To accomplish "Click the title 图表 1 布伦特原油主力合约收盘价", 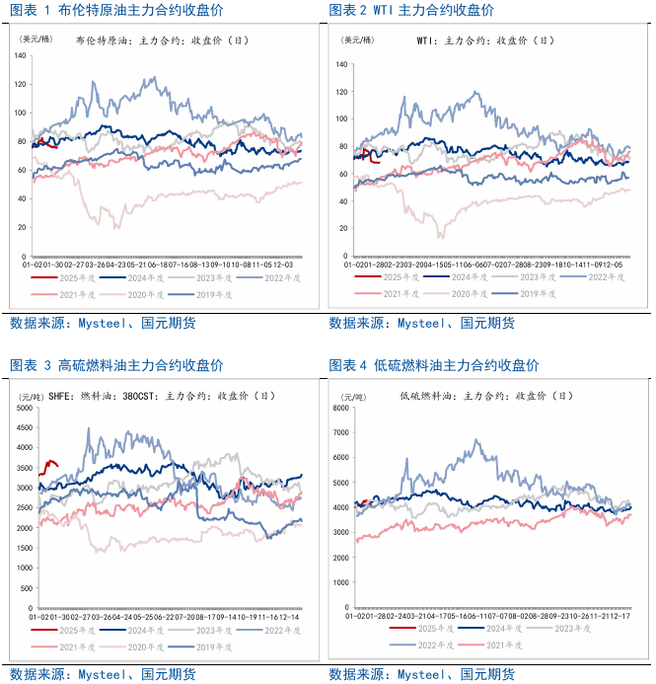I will point(116,10).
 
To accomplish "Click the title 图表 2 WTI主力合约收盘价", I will point(411,10).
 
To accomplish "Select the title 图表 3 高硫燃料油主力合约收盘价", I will point(116,365).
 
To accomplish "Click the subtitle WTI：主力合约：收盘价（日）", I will point(484,41).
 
